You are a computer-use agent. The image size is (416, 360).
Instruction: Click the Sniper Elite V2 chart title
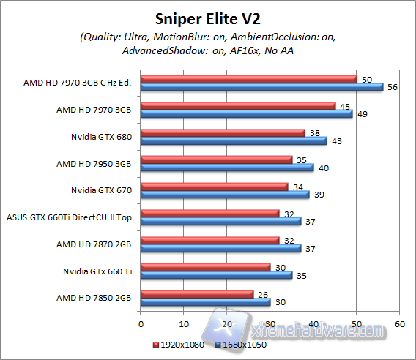207,18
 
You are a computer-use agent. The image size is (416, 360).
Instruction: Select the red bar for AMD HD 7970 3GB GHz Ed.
248,79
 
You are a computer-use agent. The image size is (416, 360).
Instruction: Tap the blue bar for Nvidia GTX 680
233,140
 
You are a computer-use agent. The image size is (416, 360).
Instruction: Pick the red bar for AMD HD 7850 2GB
196,294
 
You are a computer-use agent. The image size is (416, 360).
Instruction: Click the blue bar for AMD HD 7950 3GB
226,168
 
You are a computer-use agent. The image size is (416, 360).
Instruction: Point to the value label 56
393,87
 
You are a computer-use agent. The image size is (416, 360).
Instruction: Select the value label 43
337,140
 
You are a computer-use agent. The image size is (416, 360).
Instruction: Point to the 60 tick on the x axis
400,323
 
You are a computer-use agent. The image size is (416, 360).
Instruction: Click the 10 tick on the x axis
183,323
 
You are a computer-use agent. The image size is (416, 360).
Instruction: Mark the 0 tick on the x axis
140,323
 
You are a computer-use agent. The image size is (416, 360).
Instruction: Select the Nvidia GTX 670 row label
101,190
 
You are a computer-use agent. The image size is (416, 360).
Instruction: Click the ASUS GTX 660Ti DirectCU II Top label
70,217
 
